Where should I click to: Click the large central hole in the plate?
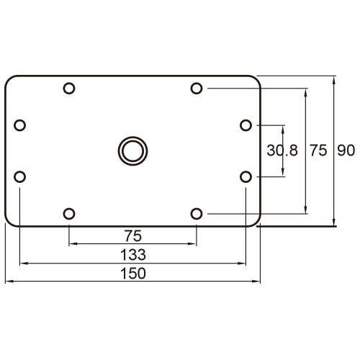[x=132, y=150]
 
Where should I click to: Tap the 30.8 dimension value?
[x=282, y=150]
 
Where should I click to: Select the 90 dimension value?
[x=346, y=150]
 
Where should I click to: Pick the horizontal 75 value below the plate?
[x=132, y=235]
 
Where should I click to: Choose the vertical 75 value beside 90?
[x=318, y=150]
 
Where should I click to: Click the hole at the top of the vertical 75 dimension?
[x=196, y=89]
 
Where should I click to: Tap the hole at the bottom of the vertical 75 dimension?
[x=196, y=213]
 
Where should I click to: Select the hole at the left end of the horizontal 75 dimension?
[x=69, y=213]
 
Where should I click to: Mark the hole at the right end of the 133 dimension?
[x=246, y=176]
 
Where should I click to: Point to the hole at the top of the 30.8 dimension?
[x=246, y=125]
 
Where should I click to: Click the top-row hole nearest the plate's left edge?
[x=69, y=89]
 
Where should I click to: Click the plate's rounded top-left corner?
[x=9, y=80]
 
